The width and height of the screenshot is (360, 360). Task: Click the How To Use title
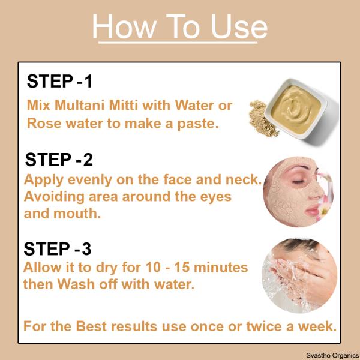(x=180, y=27)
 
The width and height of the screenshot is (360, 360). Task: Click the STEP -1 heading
(x=59, y=82)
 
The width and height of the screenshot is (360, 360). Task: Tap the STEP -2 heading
(x=59, y=160)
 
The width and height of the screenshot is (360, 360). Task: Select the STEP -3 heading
(x=58, y=248)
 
